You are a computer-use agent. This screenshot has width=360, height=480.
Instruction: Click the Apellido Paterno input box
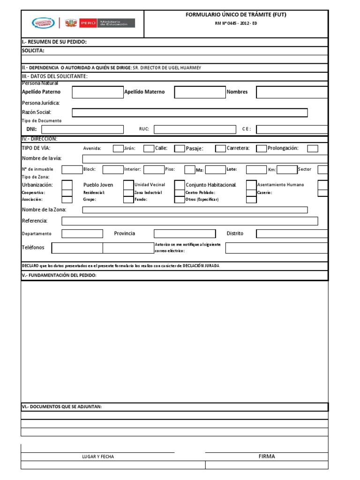[x=97, y=92]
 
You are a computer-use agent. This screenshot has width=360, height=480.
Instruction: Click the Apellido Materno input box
[x=200, y=92]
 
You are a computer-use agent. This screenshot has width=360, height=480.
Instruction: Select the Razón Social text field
[x=190, y=112]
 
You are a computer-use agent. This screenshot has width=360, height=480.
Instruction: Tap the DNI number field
[x=82, y=130]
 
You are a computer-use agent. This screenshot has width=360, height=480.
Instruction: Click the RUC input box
[x=195, y=130]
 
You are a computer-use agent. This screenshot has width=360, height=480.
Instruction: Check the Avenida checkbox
[x=118, y=149]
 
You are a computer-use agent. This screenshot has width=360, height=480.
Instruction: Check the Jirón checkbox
[x=149, y=149]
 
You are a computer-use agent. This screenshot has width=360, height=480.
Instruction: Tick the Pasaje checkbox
[x=220, y=149]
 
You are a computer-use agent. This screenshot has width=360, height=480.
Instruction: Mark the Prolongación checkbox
[x=313, y=149]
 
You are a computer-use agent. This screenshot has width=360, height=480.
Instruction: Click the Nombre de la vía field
[x=205, y=158]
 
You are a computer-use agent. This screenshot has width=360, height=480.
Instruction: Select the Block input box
[x=112, y=170]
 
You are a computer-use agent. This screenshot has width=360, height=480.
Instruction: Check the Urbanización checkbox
[x=67, y=185]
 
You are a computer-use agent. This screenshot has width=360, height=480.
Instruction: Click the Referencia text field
[x=190, y=221]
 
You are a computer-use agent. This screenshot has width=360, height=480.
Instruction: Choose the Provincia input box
[x=185, y=233]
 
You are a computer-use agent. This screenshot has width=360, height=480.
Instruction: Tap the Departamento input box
[x=82, y=233]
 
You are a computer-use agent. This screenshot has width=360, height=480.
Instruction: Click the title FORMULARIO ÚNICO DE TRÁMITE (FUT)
[x=236, y=15]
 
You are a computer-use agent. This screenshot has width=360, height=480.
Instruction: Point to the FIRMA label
[x=266, y=456]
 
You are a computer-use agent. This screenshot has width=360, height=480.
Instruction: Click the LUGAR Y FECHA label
[x=97, y=457]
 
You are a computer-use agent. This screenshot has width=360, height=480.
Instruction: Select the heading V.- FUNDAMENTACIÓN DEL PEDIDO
[x=59, y=275]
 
